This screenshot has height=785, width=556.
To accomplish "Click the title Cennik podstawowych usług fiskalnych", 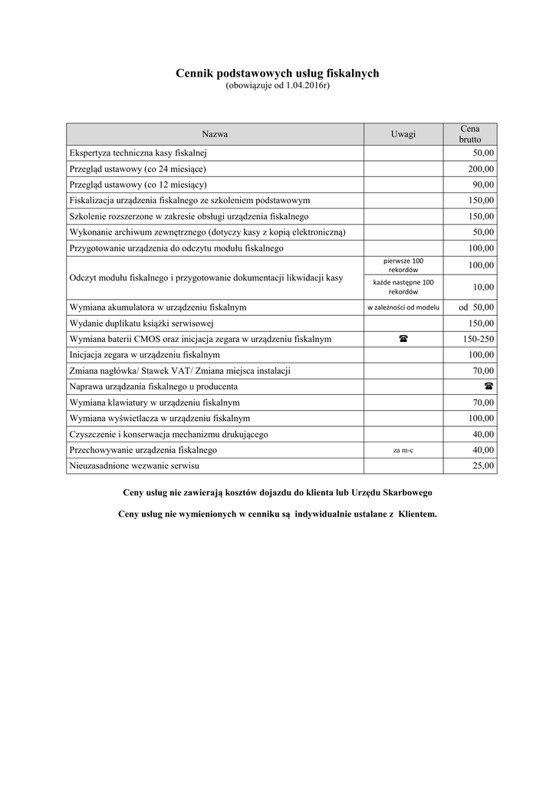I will pos(278,74).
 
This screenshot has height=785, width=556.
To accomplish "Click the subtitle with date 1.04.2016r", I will pos(278,86).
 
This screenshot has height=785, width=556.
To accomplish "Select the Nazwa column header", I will pos(215,134).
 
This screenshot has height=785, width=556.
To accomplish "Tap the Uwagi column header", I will pos(403,134).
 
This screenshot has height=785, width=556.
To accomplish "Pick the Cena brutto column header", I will pos(470,134).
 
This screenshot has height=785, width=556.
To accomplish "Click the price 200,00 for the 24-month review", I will pos(482,169).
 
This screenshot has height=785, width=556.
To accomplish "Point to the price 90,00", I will pos(484,185).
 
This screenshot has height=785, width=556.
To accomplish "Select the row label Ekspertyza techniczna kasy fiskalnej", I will pos(138,153).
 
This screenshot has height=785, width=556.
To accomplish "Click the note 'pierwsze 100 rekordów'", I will pos(403,265).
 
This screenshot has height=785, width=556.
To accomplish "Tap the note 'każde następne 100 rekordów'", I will pos(403,287).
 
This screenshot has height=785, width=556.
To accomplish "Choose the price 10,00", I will pos(484,287).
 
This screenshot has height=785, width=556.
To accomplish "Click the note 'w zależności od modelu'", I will pos(403,307).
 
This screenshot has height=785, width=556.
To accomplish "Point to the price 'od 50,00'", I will pos(476,307).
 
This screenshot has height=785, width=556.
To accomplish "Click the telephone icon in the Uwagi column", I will pos(403,339).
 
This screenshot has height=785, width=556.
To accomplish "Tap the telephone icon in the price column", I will pos(489,386).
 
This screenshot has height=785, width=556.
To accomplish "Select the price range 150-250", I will pos(479,339).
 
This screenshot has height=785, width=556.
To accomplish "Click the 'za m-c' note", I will pos(403,450).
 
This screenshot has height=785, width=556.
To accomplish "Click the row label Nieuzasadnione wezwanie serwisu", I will pos(139,465).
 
